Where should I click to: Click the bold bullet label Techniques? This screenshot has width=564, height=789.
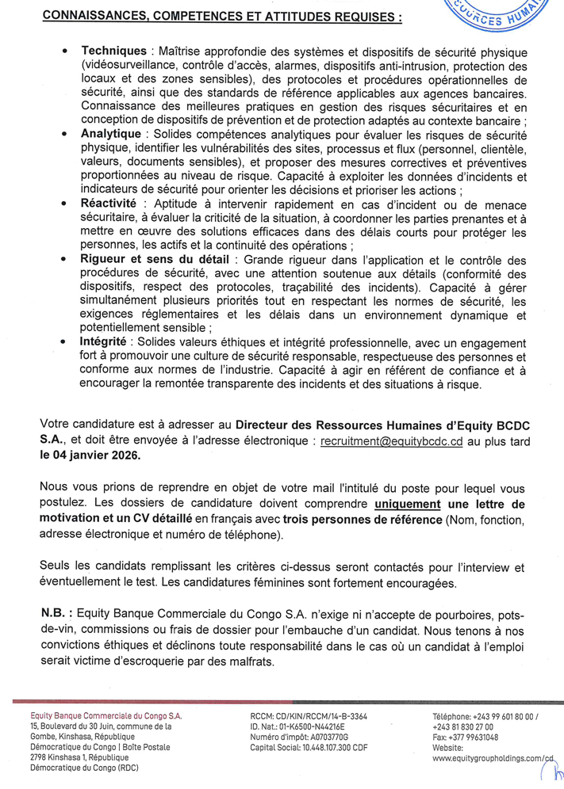[x=113, y=51]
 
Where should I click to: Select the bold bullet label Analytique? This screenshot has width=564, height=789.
[x=111, y=134]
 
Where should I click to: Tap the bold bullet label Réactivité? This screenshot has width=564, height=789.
[x=111, y=204]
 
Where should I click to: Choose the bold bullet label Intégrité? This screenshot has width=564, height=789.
[x=103, y=341]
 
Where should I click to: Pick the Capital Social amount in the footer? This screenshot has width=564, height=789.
[x=331, y=747]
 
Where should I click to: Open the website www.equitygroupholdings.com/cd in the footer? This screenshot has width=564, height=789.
[x=491, y=758]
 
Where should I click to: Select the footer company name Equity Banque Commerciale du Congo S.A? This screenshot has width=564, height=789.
[x=105, y=715]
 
